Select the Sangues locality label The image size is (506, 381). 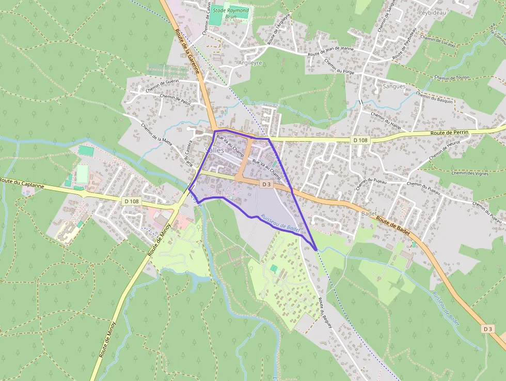(x=394, y=86)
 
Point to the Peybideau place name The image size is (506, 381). (x=432, y=11)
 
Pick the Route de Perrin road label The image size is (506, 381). (x=450, y=133)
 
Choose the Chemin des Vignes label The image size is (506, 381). (x=470, y=173)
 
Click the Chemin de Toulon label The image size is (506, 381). (x=451, y=79)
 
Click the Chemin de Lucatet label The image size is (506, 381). (x=438, y=41)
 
